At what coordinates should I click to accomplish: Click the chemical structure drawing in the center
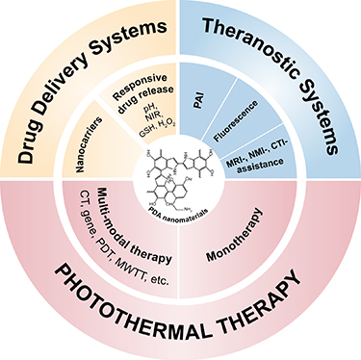[x=179, y=178]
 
